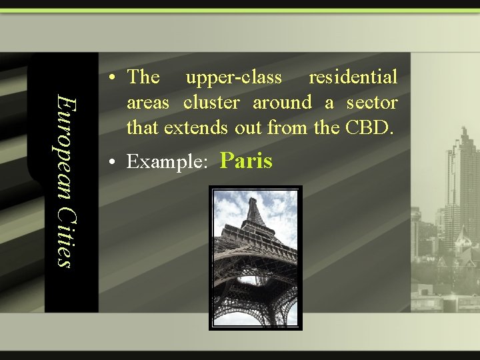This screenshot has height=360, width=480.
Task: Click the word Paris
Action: tap(246, 161)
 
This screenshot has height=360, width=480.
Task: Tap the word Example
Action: tap(166, 162)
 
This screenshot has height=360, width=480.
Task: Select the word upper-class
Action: tap(233, 77)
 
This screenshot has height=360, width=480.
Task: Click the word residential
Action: tap(353, 77)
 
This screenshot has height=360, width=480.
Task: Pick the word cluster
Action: tap(211, 102)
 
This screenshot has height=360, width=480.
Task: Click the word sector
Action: tap(372, 102)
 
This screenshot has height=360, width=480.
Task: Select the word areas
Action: tap(148, 103)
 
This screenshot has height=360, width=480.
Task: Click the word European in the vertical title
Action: tap(63, 143)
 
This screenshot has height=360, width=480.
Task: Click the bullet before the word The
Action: tap(115, 78)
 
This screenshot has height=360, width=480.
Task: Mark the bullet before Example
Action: tap(115, 162)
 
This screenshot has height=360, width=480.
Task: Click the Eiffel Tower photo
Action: tap(255, 257)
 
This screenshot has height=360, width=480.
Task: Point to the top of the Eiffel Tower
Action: tap(253, 199)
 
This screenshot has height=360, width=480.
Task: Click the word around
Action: tap(282, 102)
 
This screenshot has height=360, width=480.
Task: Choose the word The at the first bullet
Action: tap(143, 77)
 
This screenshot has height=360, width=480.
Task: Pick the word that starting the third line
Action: tap(141, 127)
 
